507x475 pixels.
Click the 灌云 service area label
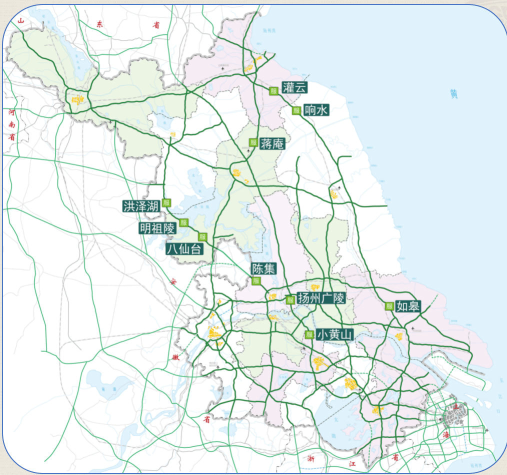294,87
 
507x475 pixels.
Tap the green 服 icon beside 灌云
273,90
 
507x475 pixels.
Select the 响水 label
316,110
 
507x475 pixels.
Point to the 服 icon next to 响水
296,110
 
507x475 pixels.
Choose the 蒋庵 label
272,144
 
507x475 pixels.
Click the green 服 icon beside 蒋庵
253,142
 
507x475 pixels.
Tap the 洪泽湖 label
141,206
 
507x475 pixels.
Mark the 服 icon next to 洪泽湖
166,202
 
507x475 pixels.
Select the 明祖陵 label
157,229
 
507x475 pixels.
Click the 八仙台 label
185,248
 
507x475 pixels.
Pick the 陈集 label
263,268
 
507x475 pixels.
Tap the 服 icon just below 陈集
256,281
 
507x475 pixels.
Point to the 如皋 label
408,306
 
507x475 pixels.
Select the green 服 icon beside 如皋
389,306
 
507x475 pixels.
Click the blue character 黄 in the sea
453,93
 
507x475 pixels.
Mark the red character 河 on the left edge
11,113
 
